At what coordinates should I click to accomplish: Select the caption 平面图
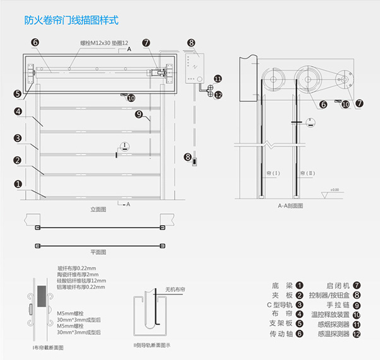[x=98, y=252]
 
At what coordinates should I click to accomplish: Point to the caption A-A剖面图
[x=290, y=206]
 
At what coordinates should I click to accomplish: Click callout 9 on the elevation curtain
[x=139, y=115]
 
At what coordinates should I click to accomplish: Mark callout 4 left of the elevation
[x=19, y=112]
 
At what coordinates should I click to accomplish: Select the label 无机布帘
[x=177, y=289]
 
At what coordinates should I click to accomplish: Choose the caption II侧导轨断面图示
[x=152, y=345]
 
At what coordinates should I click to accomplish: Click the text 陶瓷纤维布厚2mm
[x=77, y=274]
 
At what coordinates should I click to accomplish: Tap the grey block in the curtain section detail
[x=43, y=296]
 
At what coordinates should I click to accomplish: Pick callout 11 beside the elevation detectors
[x=218, y=79]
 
